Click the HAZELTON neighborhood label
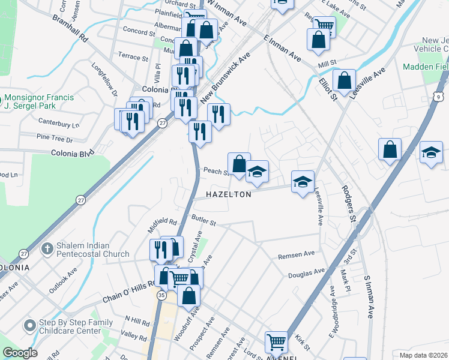click(229, 195)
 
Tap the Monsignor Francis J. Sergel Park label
click(40, 103)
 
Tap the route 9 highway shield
click(440, 96)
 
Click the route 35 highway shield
click(161, 295)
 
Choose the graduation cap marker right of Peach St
click(257, 172)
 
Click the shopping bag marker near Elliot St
click(344, 80)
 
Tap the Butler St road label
click(203, 220)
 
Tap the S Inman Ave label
click(367, 303)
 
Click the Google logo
click(20, 353)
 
